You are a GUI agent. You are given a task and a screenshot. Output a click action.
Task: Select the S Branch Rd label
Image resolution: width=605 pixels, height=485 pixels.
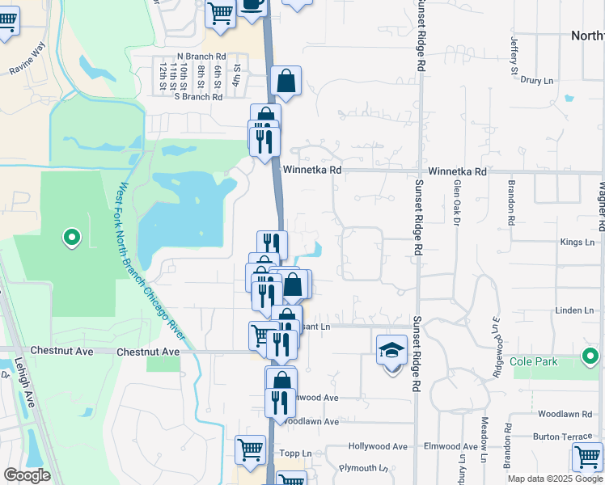coord(198,96)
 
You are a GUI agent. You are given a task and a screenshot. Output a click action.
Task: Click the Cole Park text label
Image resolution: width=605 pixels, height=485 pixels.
coord(534,361)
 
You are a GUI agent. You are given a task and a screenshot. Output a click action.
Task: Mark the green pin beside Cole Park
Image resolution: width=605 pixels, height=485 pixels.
coord(590,355)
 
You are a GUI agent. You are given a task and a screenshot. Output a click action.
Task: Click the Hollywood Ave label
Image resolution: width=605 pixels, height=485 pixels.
coord(378,446)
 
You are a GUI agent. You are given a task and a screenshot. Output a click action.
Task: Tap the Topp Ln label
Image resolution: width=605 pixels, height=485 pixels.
coord(290,453)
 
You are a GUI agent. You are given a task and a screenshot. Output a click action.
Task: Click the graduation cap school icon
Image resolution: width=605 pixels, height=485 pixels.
coord(392,350)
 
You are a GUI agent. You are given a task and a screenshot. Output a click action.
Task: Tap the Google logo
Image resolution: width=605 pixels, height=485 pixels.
coord(27,474)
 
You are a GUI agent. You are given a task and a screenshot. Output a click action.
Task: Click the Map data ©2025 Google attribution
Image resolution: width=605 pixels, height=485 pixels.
coord(554,479)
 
